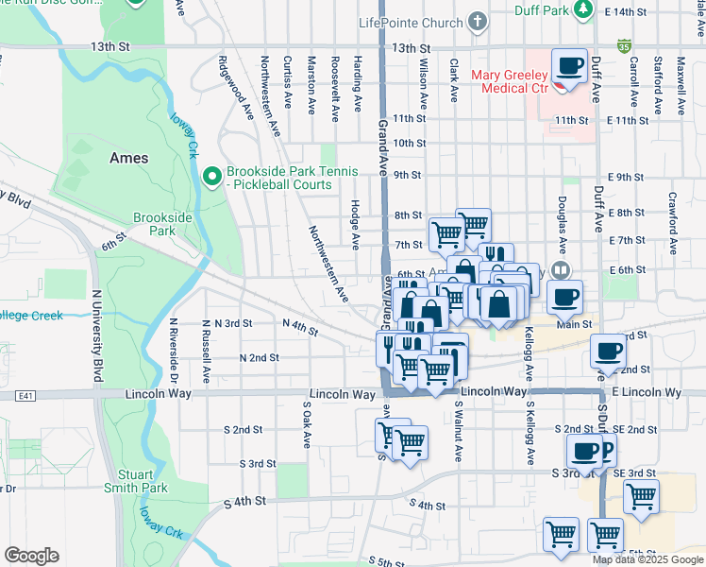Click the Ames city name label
(128, 158)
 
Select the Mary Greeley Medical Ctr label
(514, 81)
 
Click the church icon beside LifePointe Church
(479, 21)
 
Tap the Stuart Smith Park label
(143, 481)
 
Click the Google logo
(31, 556)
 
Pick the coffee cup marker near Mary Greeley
(569, 67)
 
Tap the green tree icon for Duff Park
(584, 9)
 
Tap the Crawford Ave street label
(673, 224)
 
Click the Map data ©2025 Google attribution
(647, 559)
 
